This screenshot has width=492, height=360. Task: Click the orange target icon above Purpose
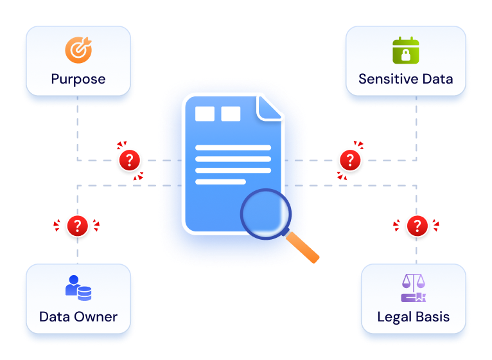click(78, 50)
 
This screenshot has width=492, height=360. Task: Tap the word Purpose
click(78, 79)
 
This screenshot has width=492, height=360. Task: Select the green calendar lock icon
click(406, 50)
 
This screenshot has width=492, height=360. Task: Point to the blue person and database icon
click(78, 288)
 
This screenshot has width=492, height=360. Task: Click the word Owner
click(96, 317)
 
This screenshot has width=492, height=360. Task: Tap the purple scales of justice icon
click(414, 288)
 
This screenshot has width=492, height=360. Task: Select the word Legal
click(394, 317)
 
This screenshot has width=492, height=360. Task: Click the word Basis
click(433, 317)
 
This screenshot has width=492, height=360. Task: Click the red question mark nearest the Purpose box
click(130, 160)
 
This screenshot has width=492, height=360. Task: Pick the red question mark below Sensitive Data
click(350, 160)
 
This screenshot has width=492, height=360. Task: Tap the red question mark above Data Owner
click(78, 226)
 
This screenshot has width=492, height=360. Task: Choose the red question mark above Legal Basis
click(417, 226)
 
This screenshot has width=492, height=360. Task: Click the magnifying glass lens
click(266, 214)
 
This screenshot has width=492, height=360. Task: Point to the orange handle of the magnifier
click(303, 248)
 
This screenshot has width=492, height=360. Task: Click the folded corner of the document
click(268, 108)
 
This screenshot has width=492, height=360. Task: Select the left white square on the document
click(205, 114)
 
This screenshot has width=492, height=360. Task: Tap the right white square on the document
click(231, 114)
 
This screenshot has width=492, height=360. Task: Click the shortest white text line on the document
click(220, 181)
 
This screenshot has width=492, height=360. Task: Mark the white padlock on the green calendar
click(406, 55)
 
